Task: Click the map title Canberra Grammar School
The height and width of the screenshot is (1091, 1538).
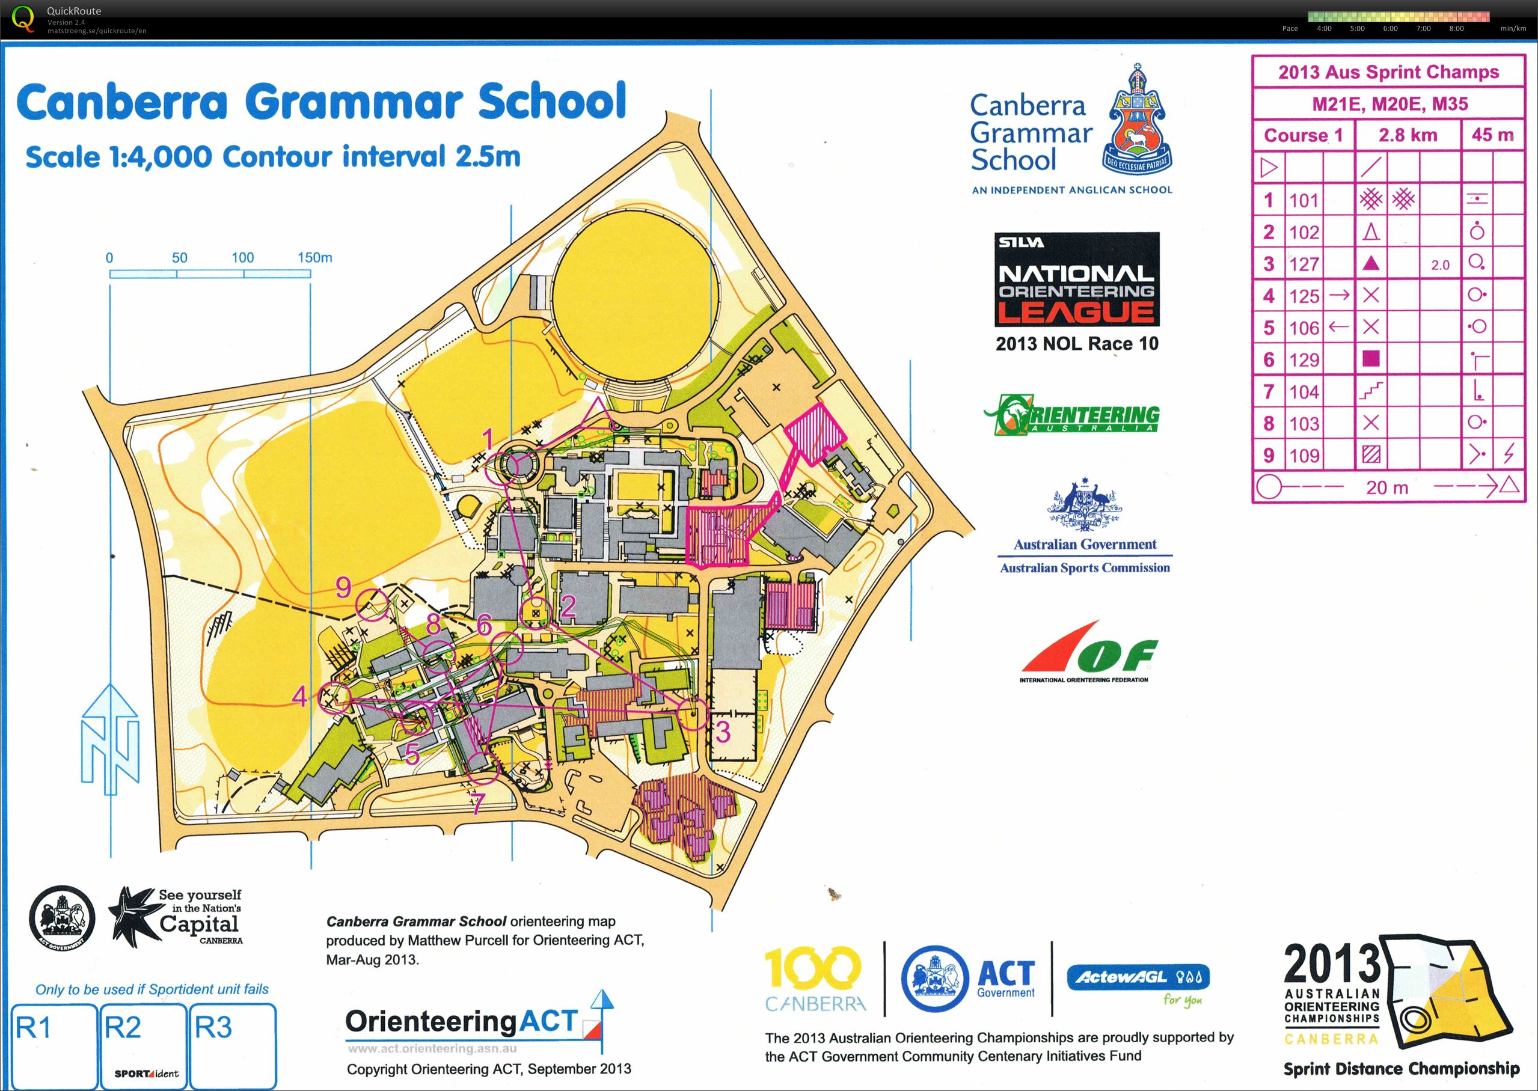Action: click(x=321, y=102)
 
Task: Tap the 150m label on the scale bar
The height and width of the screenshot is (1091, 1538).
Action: click(x=314, y=257)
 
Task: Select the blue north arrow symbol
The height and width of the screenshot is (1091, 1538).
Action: click(x=110, y=739)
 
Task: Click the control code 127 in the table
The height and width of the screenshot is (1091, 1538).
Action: click(x=1304, y=264)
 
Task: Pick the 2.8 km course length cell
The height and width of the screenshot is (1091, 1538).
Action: click(x=1408, y=135)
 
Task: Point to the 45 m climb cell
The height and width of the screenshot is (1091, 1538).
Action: click(x=1492, y=135)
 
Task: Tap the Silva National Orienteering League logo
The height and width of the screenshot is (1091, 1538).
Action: click(x=1076, y=280)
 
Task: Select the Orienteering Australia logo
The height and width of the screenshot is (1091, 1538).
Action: click(x=1071, y=415)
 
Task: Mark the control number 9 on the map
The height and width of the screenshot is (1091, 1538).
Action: click(x=343, y=587)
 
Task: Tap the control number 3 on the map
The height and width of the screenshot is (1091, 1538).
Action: click(x=722, y=732)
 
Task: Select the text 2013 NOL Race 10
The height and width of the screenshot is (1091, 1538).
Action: click(x=1076, y=344)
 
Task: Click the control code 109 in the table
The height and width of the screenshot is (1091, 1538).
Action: click(x=1304, y=456)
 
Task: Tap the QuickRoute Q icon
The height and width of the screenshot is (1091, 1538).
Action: click(x=23, y=18)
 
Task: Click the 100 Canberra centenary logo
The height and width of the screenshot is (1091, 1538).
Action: click(x=814, y=977)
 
